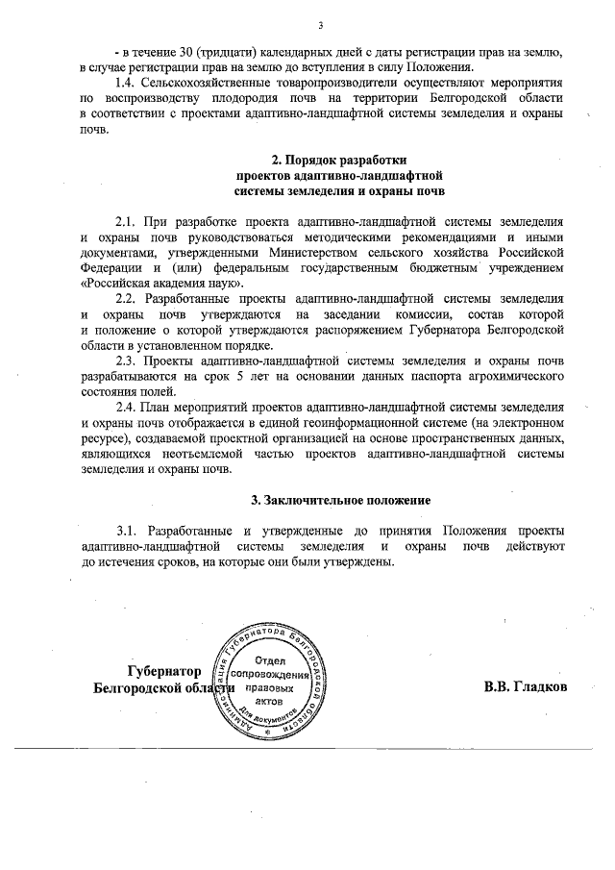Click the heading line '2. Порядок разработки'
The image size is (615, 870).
326,161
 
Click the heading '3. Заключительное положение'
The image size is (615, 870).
326,500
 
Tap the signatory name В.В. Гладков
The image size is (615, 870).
526,687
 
